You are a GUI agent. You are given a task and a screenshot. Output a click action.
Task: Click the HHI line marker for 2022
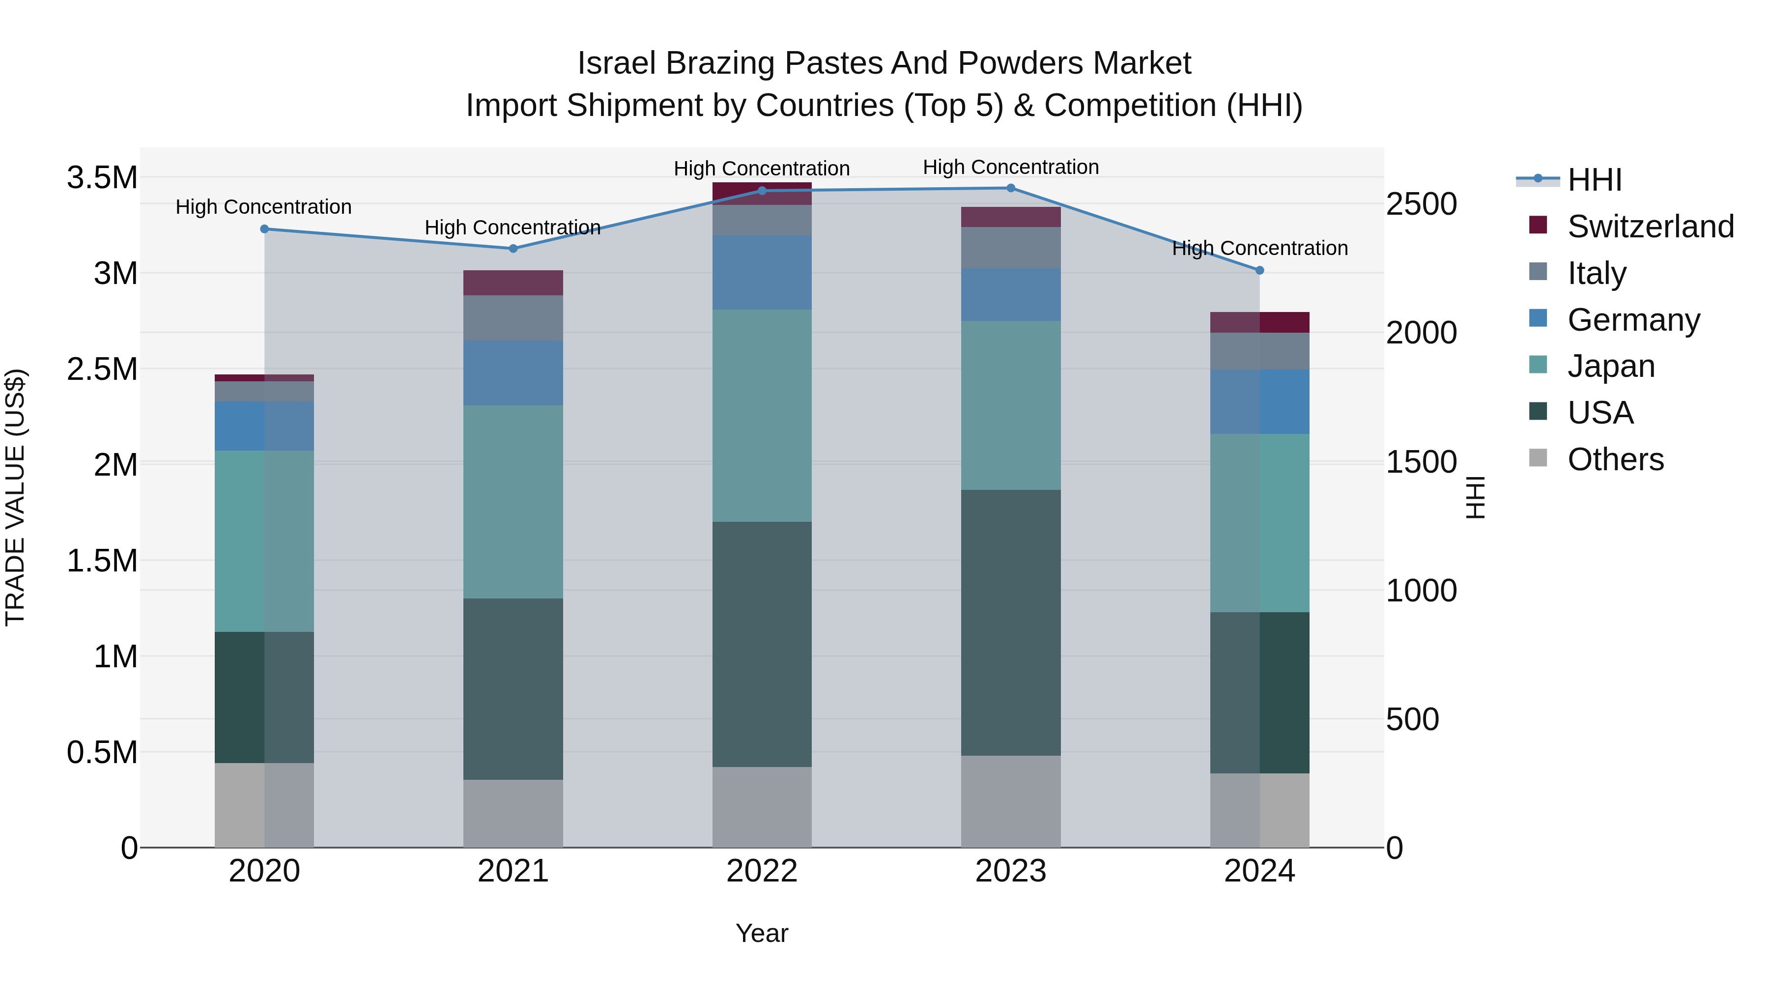click(x=762, y=191)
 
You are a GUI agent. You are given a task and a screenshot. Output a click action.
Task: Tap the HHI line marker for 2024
click(x=1259, y=271)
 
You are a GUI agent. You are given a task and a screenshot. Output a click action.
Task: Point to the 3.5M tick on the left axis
click(x=102, y=178)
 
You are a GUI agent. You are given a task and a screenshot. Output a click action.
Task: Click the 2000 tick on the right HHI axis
click(x=1421, y=333)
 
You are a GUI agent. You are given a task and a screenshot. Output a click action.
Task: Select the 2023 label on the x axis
click(x=1010, y=871)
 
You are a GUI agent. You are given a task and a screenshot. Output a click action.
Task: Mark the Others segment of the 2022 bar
click(x=762, y=807)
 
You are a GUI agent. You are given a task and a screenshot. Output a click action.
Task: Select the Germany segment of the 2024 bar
click(x=1259, y=402)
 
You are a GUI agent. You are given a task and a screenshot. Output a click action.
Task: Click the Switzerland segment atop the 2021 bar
click(x=513, y=283)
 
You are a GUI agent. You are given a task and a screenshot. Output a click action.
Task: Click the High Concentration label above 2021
click(x=513, y=227)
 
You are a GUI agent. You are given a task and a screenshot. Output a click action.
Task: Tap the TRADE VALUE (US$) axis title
click(x=15, y=497)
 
